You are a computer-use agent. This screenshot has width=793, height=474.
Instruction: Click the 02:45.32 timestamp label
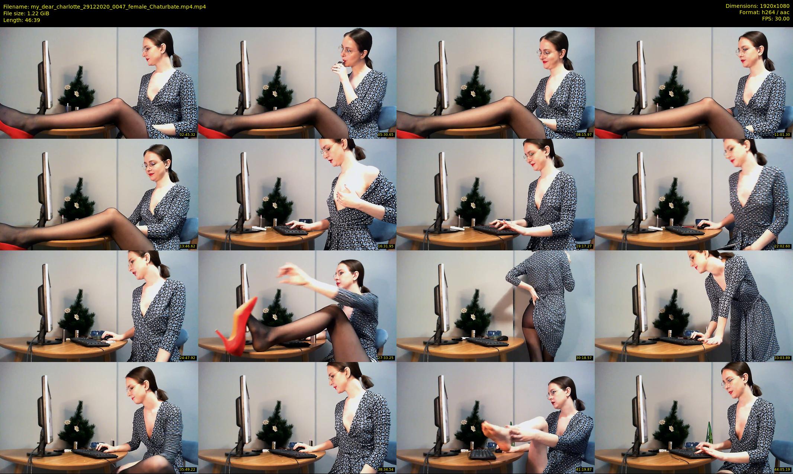tap(187, 134)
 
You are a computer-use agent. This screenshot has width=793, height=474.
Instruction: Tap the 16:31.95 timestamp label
tap(386, 246)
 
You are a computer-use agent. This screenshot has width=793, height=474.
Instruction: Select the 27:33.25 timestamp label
tap(386, 358)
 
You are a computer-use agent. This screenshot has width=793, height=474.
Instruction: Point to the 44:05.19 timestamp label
tap(782, 469)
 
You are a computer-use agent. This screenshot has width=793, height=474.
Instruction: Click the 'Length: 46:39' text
tap(22, 20)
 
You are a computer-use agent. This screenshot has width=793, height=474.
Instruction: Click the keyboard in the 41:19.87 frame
tap(482, 454)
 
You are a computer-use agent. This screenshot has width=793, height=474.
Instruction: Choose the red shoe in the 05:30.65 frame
tap(214, 131)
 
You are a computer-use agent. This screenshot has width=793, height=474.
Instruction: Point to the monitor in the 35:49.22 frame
tap(46, 411)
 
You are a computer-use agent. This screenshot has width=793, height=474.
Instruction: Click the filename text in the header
tap(105, 7)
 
